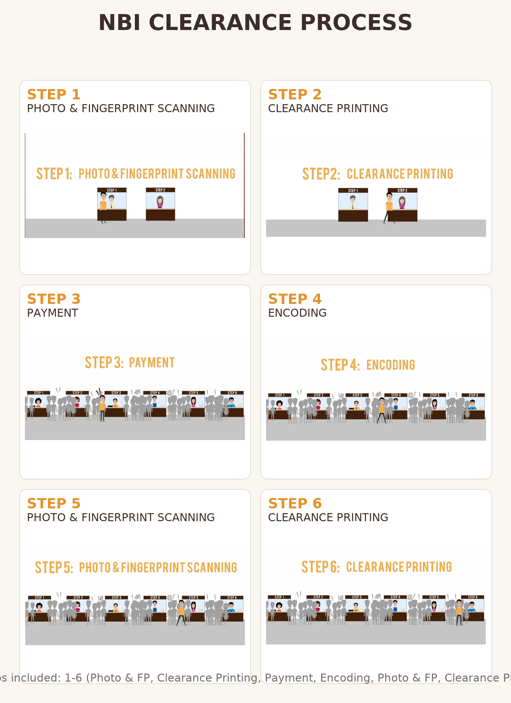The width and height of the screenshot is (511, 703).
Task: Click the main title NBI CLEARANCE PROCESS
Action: pos(255,22)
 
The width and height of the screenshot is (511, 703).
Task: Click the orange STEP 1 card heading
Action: pos(54,95)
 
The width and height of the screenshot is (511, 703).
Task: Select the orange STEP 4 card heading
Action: pos(294,299)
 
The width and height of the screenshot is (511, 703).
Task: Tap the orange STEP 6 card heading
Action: pos(294,504)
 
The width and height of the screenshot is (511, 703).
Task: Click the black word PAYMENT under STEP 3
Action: pos(52,313)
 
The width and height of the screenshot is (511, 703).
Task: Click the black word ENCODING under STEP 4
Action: pos(297,313)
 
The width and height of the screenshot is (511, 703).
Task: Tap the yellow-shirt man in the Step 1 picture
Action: pos(103,206)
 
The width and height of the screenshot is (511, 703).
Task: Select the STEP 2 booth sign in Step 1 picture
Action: pos(160,190)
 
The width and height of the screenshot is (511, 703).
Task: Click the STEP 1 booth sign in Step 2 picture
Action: pos(353,190)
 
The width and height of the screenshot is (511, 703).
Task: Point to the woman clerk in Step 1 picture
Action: pos(160,202)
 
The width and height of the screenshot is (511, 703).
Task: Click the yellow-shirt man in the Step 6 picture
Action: pos(459,611)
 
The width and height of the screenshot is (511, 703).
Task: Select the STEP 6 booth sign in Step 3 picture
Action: pos(232,393)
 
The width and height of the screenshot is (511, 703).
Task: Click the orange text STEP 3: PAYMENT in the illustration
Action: pos(130,363)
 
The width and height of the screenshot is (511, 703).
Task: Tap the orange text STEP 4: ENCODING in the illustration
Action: pos(368,365)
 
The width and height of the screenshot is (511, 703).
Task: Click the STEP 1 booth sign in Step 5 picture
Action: pos(40,598)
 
